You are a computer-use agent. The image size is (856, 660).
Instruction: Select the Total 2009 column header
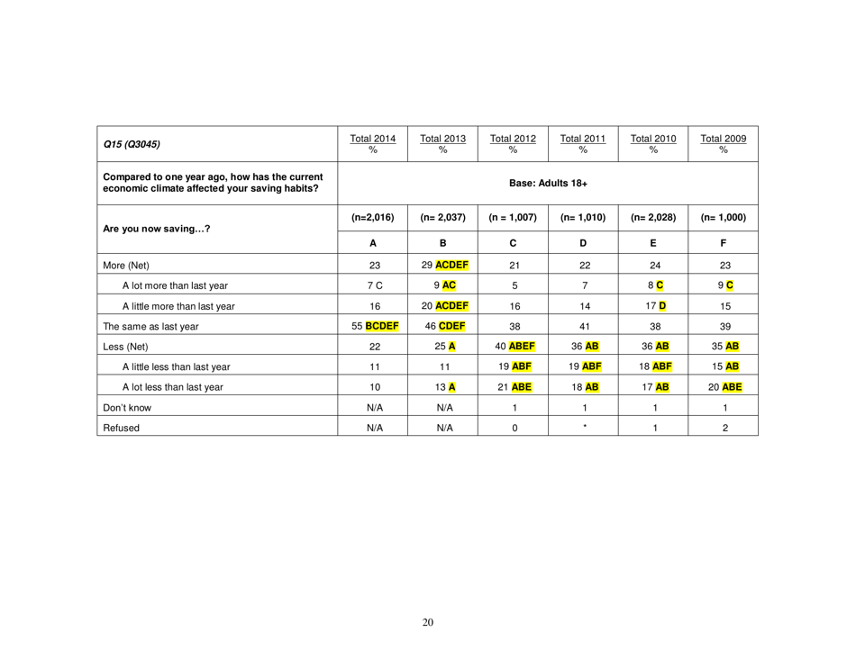pos(725,141)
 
